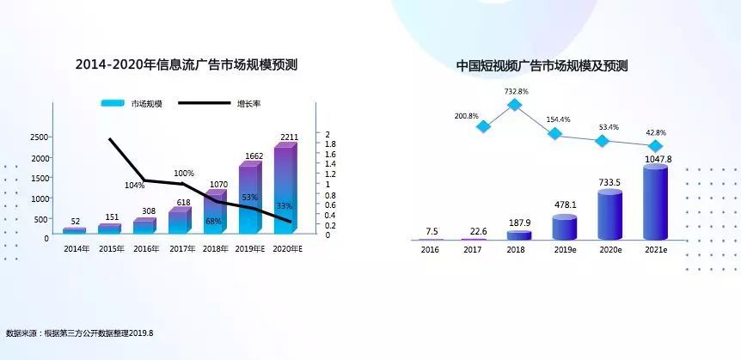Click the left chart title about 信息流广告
187,65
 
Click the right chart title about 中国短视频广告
542,65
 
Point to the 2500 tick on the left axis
39,137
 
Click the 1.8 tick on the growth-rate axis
330,143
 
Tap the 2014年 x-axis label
76,248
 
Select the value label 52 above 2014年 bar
76,221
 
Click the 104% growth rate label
134,186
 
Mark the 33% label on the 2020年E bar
284,206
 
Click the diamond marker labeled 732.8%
515,105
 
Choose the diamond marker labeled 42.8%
656,146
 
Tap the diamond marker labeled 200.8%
483,126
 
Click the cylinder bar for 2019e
564,228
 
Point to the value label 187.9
517,223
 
